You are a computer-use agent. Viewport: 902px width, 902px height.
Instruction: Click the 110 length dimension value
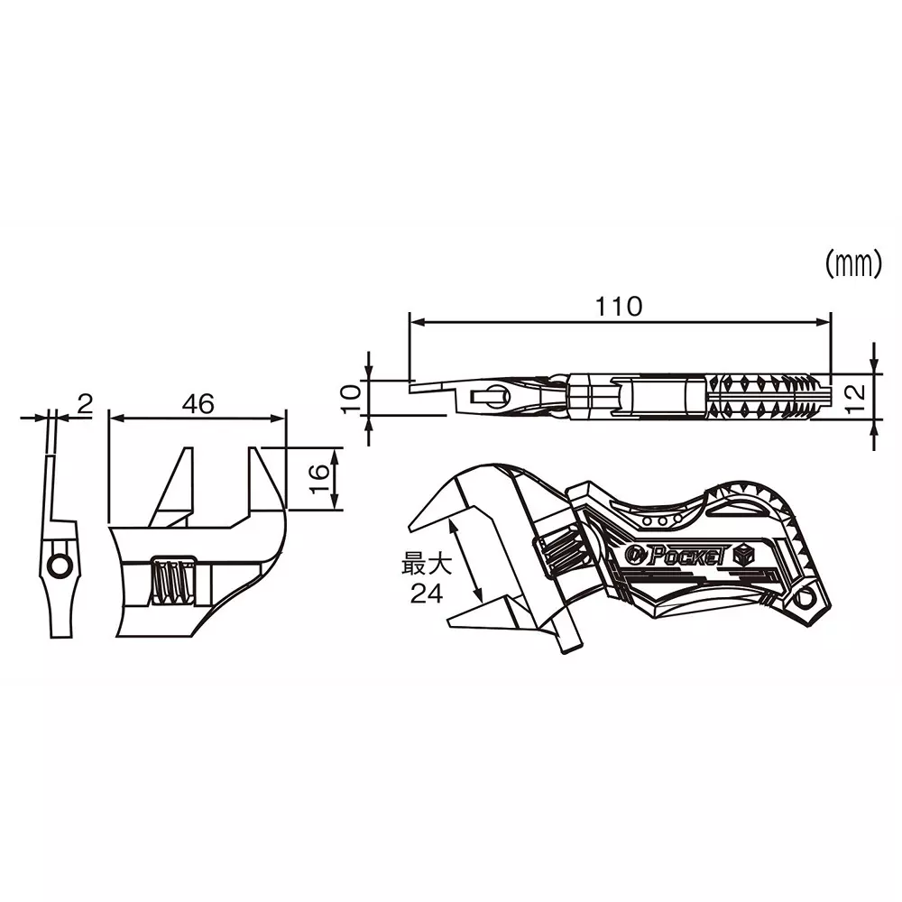pos(618,307)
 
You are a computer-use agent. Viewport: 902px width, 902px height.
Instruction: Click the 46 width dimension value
pos(198,404)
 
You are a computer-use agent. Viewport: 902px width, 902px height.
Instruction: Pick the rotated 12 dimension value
pos(857,392)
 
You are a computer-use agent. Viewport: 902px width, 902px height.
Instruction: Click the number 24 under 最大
pos(425,594)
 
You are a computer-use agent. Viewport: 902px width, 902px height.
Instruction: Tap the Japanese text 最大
pos(425,566)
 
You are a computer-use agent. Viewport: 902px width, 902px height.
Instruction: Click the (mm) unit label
pos(851,264)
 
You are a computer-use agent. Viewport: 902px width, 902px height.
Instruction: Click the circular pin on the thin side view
pos(60,566)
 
